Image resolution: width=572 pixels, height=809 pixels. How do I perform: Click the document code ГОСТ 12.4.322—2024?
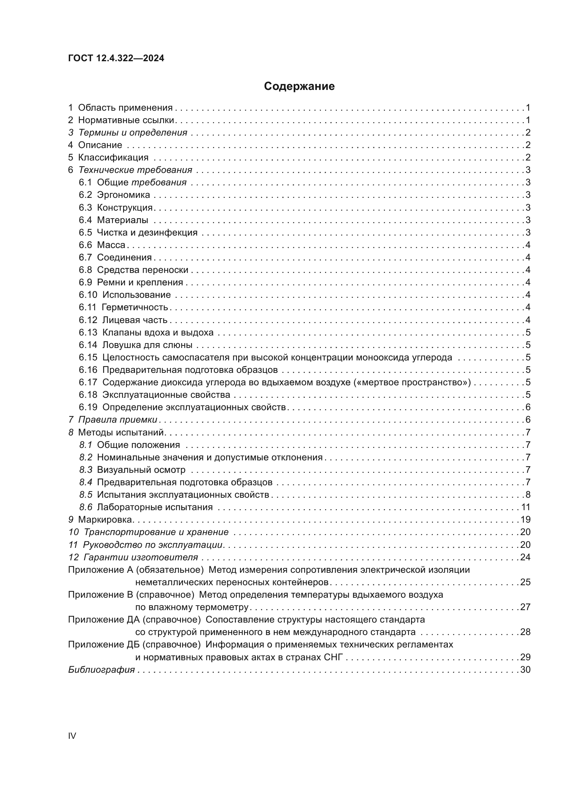coord(116,58)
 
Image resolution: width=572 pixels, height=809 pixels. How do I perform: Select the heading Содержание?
coord(299,86)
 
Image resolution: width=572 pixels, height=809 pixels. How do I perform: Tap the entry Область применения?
coord(125,108)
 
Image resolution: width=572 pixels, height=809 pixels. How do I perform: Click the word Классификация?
coord(113,157)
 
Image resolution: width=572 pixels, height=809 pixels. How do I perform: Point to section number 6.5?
coord(85,232)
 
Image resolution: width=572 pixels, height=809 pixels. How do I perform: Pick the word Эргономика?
coord(123,195)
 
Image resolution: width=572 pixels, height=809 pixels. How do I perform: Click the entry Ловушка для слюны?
coord(147,344)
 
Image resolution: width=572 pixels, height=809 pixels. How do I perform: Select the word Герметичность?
coord(135,307)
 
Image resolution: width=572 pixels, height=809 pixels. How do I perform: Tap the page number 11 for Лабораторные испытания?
coord(525,507)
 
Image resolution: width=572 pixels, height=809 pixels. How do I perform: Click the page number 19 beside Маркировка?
coord(525,520)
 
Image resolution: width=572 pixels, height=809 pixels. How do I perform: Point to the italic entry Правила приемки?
coord(118,420)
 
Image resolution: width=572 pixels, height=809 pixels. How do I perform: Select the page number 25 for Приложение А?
coord(525,582)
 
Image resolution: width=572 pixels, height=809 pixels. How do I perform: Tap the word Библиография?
coord(101,670)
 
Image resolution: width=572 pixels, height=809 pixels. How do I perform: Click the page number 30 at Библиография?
coord(525,670)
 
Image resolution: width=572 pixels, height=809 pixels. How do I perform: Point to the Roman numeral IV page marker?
coord(72,736)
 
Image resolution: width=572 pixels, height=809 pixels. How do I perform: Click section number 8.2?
coord(85,457)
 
